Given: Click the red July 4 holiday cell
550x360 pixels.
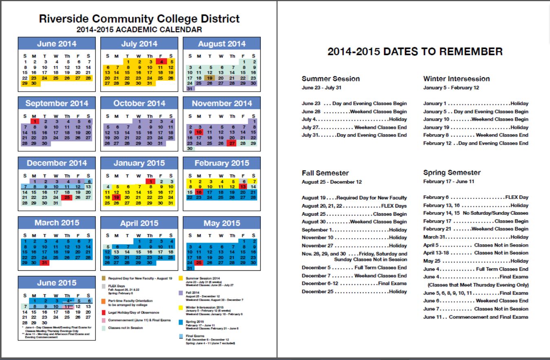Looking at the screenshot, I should click(x=161, y=62).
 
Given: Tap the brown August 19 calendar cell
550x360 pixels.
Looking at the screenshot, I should click(x=210, y=78).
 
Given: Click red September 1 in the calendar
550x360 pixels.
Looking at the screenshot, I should click(x=35, y=121).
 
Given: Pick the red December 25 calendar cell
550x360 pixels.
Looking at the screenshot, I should click(x=67, y=197).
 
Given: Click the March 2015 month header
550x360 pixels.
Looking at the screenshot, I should click(x=57, y=223).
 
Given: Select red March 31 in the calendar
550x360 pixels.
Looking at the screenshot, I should click(x=45, y=263).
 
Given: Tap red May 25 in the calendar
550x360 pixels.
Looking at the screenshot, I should click(x=199, y=263).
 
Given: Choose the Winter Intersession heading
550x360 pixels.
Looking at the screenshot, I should click(x=456, y=79).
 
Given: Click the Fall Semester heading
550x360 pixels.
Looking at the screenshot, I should click(x=325, y=173).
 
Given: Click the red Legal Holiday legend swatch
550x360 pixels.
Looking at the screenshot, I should click(x=105, y=312).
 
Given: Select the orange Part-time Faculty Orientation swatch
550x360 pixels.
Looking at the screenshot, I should click(x=105, y=301).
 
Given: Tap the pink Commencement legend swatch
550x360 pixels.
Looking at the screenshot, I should click(x=105, y=320).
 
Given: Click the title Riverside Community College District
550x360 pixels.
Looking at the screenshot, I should click(x=139, y=19).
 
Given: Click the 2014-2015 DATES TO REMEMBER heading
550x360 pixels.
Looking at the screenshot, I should click(x=415, y=51).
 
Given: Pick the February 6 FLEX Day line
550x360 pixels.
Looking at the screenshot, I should click(x=475, y=197).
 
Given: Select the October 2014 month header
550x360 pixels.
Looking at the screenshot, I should click(x=139, y=104).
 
